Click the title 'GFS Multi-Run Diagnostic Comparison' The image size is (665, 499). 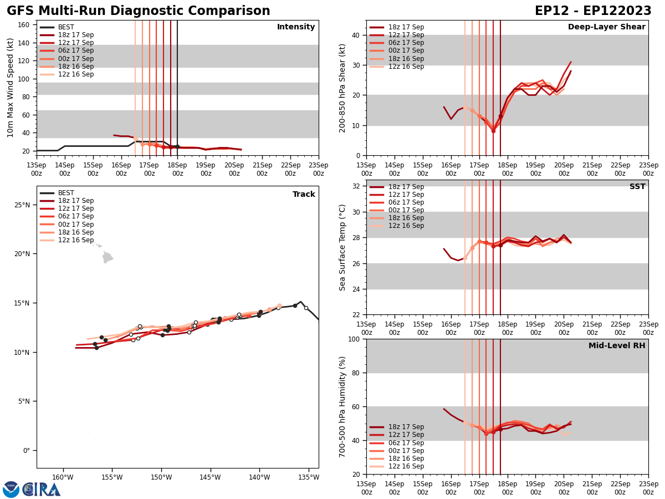pos(139,11)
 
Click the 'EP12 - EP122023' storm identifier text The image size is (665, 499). pos(593,11)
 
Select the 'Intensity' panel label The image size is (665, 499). pos(296,27)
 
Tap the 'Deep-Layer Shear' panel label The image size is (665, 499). pos(606,27)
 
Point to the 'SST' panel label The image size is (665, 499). pos(637,187)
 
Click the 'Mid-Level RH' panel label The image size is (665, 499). pos(617,346)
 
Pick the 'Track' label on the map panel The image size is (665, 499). pos(304,195)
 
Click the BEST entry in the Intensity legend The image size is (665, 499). pos(66,27)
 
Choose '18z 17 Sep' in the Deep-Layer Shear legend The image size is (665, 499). pos(405,27)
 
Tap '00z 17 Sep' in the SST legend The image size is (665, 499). pos(405,210)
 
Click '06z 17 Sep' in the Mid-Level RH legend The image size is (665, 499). pos(405,443)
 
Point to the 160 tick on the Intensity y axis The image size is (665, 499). pos(24,25)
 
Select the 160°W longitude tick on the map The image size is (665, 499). pos(63,477)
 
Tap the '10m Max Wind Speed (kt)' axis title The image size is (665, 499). pos(11,88)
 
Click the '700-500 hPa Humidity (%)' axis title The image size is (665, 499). pos(343,406)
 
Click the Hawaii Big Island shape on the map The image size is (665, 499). pos(108,257)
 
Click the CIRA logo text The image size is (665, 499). pos(42,489)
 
